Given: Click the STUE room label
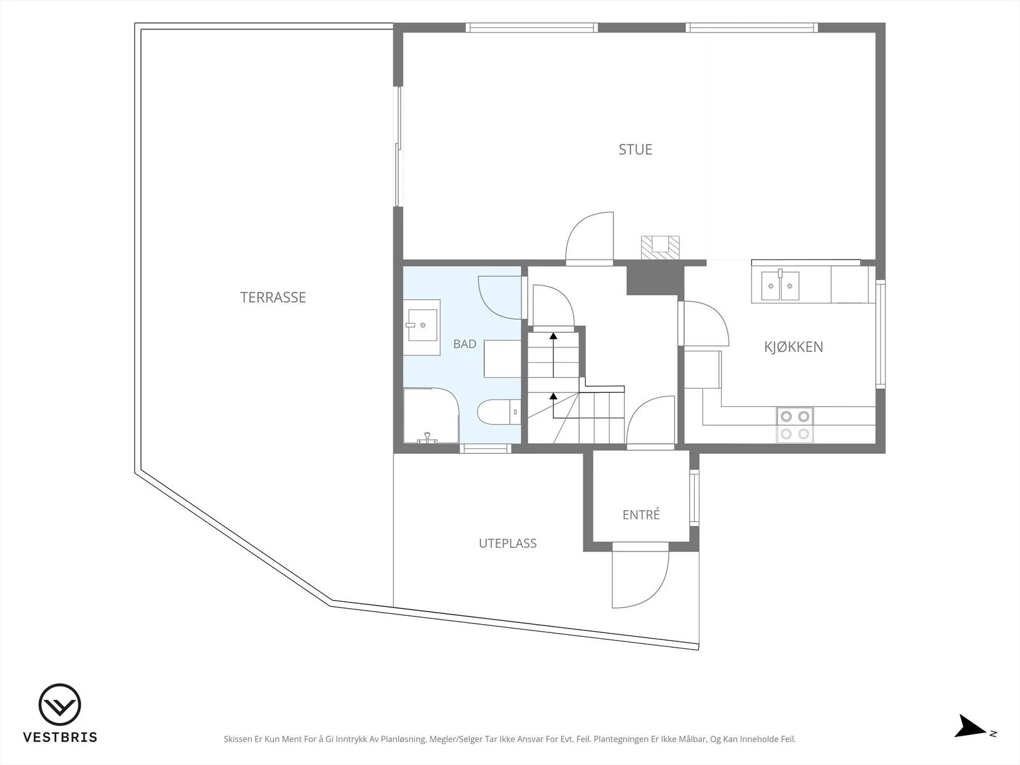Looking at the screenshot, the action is point(635,150).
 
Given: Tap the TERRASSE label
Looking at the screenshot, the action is point(273,297).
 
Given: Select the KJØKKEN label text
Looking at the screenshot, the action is point(793,347).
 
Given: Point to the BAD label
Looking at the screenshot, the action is point(465,344).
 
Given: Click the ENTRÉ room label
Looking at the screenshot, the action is point(641,514).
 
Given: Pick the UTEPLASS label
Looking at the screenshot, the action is point(507,543).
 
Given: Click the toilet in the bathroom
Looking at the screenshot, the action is point(499,412).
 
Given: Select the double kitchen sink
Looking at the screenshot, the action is point(780,286).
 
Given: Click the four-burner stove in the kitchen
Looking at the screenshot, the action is point(794,425).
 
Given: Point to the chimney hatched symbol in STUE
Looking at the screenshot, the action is point(660,247).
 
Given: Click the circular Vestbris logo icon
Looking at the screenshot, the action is point(60,704).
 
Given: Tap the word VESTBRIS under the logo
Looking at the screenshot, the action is point(61,737).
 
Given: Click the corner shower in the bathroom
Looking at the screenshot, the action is point(431,416).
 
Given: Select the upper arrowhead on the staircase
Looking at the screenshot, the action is point(553,336).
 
